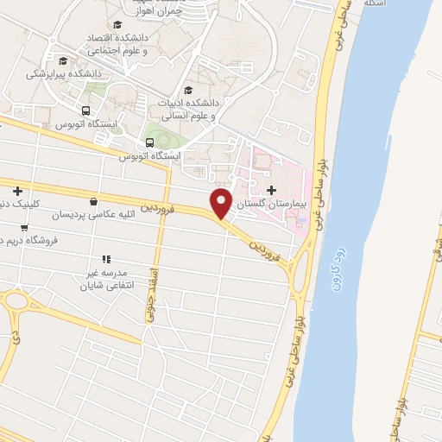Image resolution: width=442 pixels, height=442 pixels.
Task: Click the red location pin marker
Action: [222, 203]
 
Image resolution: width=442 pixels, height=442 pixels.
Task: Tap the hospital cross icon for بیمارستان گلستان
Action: [272, 190]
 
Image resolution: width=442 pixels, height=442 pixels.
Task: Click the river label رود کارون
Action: [337, 257]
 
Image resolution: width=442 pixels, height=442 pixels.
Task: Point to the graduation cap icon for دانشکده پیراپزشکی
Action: [62, 60]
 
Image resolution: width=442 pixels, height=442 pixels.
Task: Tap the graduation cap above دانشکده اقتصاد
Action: [117, 24]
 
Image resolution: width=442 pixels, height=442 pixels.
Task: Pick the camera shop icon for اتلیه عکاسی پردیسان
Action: [92, 201]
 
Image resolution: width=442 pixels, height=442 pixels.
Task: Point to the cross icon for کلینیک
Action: [16, 191]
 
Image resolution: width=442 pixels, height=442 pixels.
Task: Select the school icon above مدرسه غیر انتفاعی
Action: [106, 258]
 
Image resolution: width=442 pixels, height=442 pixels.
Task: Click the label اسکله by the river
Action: [373, 4]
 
